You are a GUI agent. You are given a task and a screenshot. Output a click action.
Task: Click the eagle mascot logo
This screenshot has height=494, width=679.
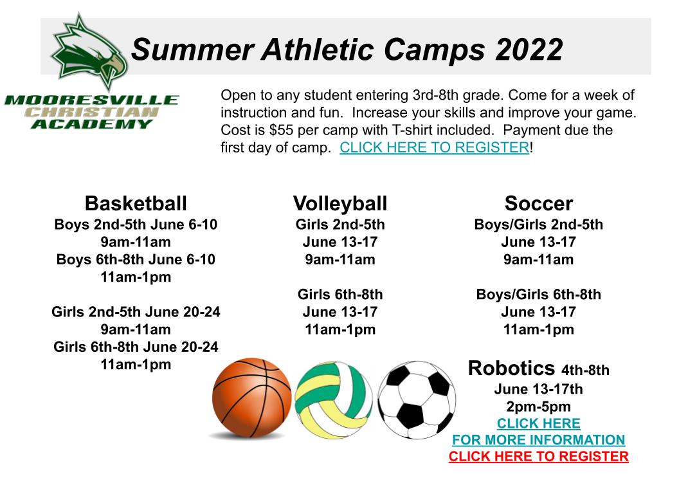point(89,52)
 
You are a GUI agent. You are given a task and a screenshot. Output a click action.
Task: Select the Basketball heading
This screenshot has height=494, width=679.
point(136,203)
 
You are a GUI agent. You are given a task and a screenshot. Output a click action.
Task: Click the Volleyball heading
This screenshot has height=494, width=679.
point(340,203)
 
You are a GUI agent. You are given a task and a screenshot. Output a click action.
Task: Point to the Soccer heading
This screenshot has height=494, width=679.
point(539,203)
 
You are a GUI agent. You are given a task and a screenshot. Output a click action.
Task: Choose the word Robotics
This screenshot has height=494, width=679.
point(511,369)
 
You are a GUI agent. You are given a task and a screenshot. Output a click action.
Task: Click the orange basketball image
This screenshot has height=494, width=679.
point(251,398)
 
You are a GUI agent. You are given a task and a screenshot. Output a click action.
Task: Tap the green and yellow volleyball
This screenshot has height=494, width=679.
point(334,400)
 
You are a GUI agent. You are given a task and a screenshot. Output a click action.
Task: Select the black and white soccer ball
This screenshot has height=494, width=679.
point(417,400)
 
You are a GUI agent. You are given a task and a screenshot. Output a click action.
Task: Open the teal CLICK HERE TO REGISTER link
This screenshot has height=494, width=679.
point(434,147)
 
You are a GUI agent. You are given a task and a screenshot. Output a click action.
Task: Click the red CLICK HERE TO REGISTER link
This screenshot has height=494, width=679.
point(539,456)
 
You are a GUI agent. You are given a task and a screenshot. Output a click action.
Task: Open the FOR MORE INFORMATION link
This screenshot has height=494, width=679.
point(539,440)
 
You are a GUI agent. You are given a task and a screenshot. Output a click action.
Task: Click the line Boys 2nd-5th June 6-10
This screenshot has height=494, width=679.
point(136,224)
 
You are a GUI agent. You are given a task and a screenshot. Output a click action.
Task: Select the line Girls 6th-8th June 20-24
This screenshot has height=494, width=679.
point(136,347)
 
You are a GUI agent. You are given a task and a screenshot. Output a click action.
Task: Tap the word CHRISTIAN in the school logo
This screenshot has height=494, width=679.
point(91,112)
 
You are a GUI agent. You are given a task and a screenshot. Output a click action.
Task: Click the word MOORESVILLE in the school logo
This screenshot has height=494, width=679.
point(91,100)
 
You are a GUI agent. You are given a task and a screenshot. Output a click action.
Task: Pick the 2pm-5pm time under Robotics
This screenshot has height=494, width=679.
point(539,407)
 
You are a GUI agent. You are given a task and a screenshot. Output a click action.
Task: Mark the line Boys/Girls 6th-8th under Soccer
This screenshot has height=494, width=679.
point(539,295)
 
